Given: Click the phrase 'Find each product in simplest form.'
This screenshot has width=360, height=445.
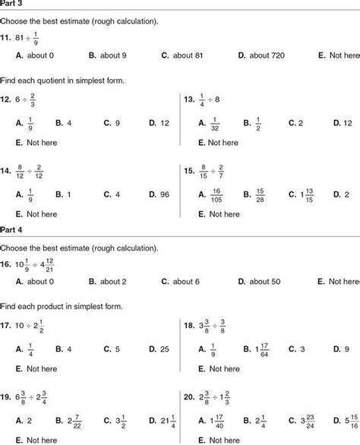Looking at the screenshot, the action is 61,306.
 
